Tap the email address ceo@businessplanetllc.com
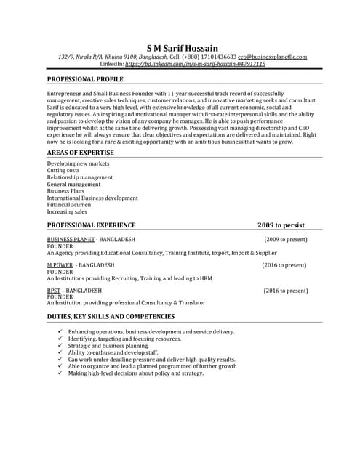pos(272,57)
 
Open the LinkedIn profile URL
pos(196,64)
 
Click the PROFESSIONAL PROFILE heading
pos(85,79)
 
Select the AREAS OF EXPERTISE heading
pos(80,153)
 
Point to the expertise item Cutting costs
pos(64,170)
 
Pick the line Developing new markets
pos(78,163)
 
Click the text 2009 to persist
pos(276,225)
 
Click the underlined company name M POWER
pos(60,265)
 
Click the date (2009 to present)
pos(286,239)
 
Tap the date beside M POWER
pos(285,265)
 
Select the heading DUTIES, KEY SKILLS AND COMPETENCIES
pos(111,317)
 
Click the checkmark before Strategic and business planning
pos(60,346)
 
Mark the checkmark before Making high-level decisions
pos(60,373)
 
